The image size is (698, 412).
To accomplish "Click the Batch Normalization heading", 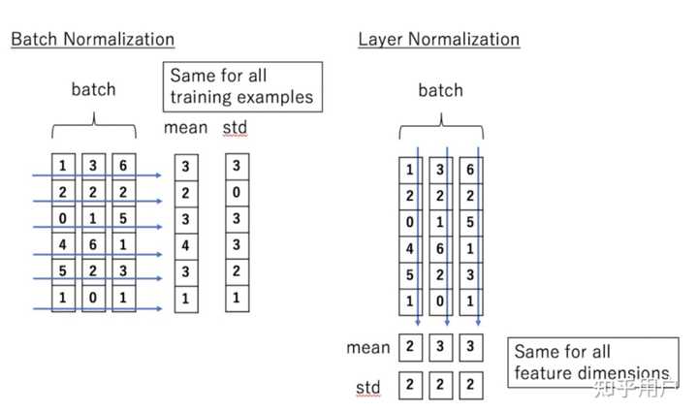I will (x=92, y=40).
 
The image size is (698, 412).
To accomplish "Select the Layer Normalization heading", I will (x=438, y=40).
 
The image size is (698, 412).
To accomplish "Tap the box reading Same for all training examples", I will (x=241, y=85).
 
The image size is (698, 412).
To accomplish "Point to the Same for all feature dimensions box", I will (x=591, y=363).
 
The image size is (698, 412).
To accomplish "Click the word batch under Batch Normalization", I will (x=93, y=89).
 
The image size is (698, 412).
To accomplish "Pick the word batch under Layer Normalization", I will (x=441, y=90).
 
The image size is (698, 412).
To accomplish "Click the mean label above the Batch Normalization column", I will (x=185, y=127).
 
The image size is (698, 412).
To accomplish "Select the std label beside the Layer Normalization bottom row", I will (x=367, y=389).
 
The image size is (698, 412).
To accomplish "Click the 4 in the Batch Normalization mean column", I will (x=185, y=246).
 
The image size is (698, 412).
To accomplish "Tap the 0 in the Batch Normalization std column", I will (x=237, y=193).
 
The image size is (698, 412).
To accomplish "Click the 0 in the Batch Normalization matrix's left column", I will (x=63, y=219).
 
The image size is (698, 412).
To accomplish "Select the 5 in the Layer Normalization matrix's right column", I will (x=470, y=222).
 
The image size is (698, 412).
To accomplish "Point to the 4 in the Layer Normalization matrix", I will (x=411, y=248).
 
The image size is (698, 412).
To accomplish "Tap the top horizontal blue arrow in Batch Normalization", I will (x=97, y=175).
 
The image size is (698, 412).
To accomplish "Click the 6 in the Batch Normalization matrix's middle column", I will (x=93, y=246).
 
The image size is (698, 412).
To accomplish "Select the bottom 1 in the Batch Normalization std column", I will (x=237, y=300).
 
